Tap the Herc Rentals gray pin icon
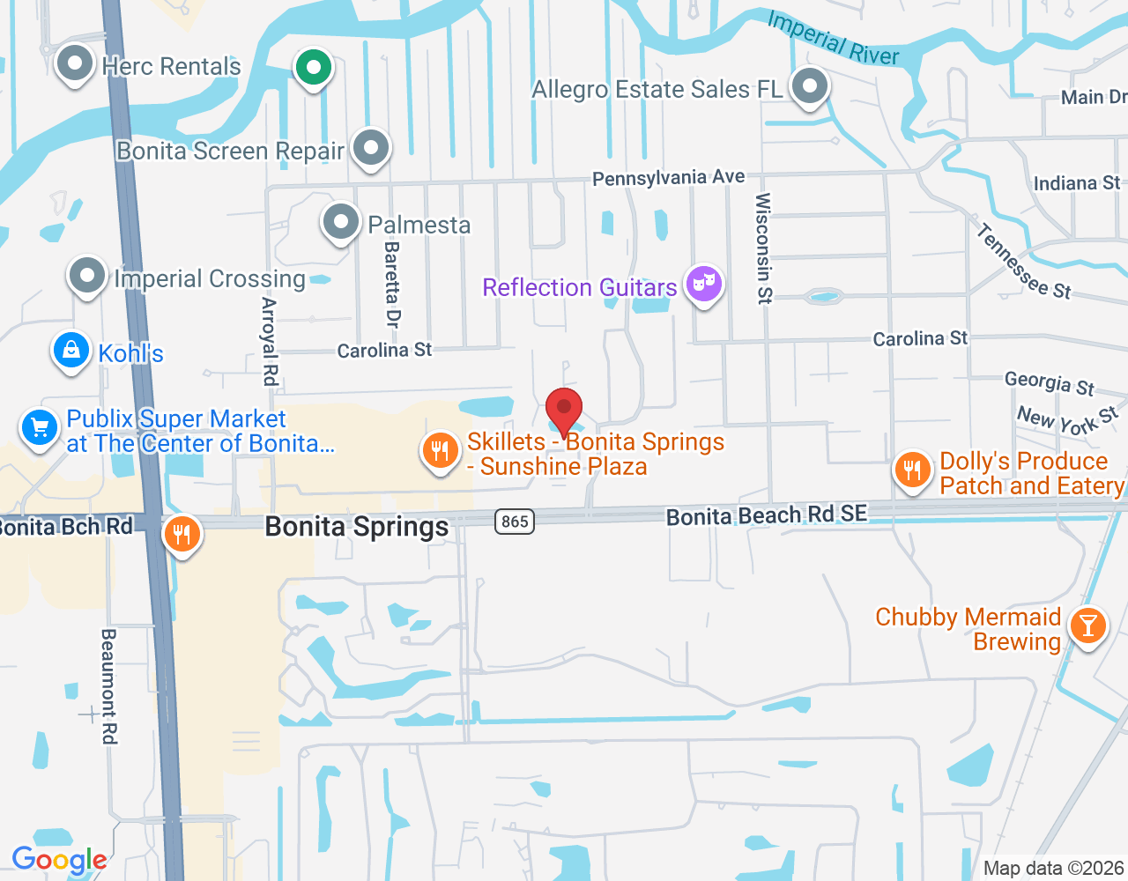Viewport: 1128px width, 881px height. (x=75, y=63)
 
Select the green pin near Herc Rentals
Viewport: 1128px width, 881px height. (x=313, y=67)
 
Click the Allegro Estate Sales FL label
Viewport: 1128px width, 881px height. (x=657, y=90)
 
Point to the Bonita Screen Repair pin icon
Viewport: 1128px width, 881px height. (x=371, y=148)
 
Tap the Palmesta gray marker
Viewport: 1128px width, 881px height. (x=341, y=223)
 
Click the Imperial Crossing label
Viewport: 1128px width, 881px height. (x=210, y=279)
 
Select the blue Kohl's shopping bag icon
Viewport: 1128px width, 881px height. (x=71, y=351)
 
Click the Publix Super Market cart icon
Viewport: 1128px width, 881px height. (x=40, y=429)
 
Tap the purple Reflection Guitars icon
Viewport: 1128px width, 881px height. (x=704, y=284)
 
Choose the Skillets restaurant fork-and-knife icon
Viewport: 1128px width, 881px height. (x=440, y=451)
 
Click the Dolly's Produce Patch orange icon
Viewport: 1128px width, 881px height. (x=912, y=470)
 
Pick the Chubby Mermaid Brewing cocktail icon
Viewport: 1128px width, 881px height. (x=1088, y=625)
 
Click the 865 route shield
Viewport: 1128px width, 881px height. (x=515, y=522)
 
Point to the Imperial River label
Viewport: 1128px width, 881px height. (x=833, y=38)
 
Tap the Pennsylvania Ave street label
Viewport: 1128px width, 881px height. (x=668, y=178)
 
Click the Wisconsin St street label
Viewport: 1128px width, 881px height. (x=763, y=248)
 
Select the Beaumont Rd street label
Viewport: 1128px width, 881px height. (x=109, y=685)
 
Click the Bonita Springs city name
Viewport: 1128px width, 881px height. (x=357, y=527)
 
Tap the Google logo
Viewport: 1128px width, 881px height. (x=59, y=860)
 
